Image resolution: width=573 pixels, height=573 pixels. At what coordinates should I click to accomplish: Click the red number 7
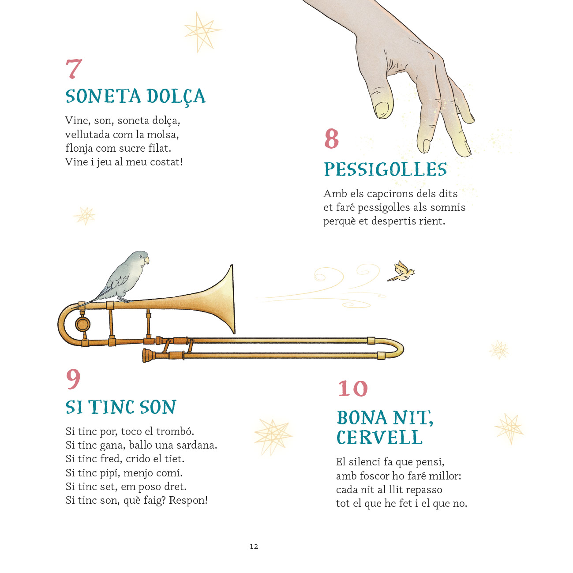74,69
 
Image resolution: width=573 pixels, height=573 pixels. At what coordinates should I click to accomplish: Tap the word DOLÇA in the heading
176,96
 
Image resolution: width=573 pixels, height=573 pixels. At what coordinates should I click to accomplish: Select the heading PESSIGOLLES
385,169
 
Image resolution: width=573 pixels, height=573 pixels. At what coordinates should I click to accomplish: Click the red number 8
332,139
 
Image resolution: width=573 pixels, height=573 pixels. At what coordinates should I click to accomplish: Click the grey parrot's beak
146,261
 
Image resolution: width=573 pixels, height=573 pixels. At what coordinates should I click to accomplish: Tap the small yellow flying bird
401,271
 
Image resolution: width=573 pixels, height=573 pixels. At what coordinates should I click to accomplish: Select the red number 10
352,388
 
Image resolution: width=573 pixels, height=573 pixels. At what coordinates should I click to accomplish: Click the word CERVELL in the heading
379,437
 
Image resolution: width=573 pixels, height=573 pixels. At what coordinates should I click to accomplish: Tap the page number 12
254,546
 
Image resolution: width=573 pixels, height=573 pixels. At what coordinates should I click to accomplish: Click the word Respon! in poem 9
188,501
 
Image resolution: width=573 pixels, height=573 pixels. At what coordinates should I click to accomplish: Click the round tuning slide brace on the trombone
82,324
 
